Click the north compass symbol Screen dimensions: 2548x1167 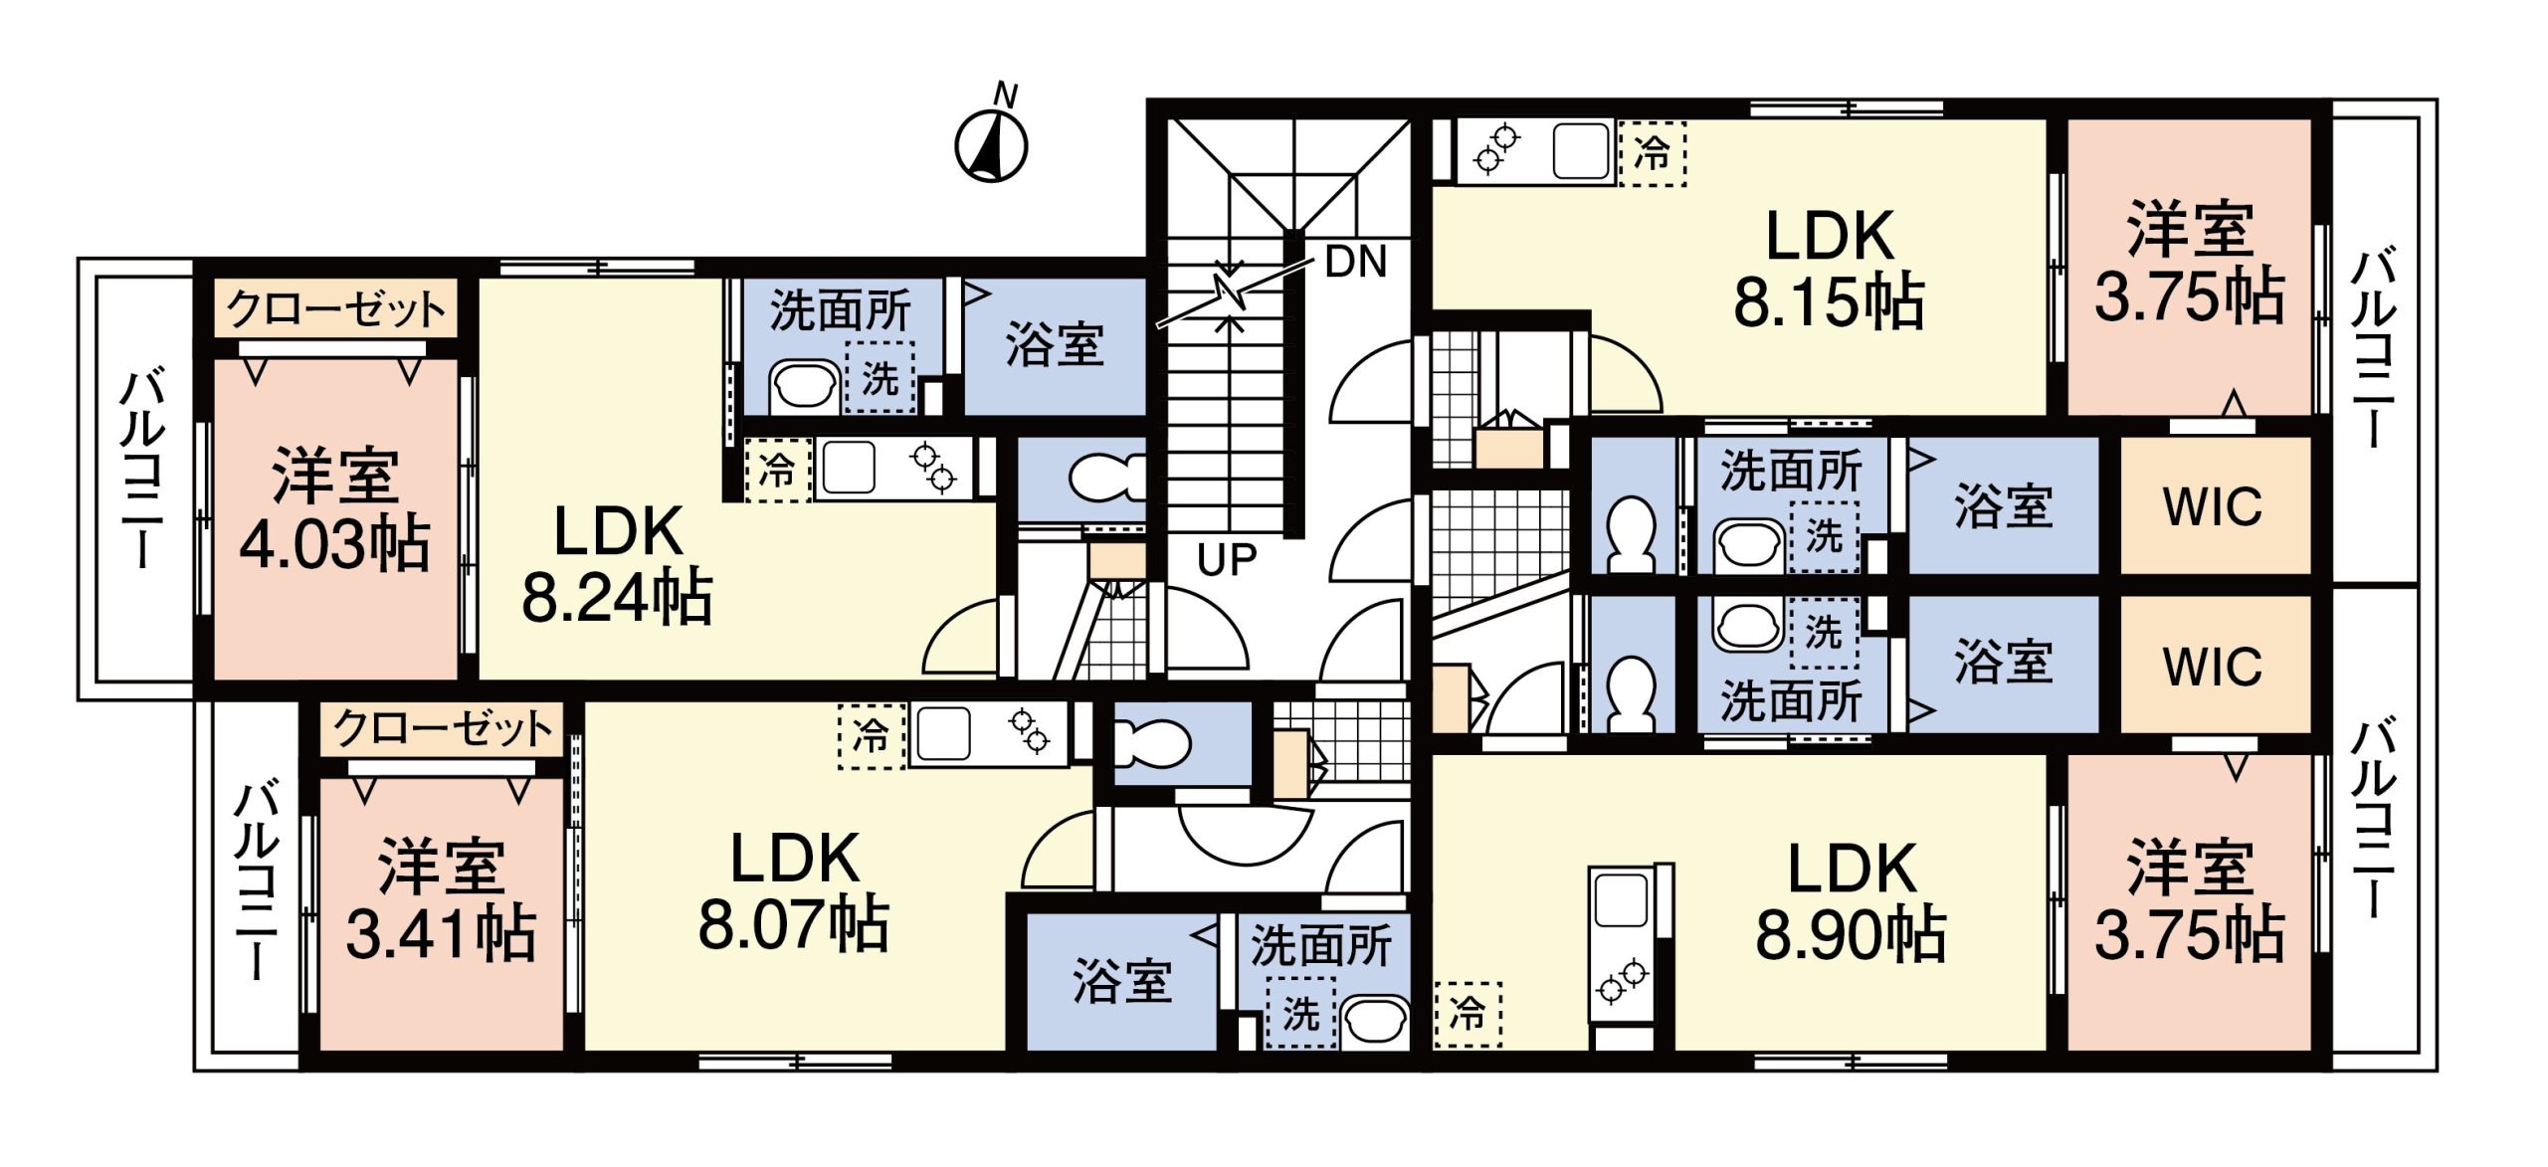tap(991, 144)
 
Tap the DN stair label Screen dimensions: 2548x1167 tap(1355, 262)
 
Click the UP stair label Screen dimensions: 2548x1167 tap(1227, 560)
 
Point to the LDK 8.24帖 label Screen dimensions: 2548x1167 tap(618, 564)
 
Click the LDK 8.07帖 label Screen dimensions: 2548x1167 tap(794, 891)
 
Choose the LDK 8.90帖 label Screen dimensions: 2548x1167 tap(1852, 901)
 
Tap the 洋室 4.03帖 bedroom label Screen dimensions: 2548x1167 tap(335, 509)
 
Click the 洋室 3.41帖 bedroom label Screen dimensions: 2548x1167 tap(441, 899)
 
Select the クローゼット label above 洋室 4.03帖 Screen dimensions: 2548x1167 tap(336, 309)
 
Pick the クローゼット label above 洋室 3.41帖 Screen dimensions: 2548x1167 tap(442, 729)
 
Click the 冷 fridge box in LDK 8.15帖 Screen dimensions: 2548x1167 tap(1653, 153)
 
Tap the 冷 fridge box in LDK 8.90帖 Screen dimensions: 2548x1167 tap(1468, 1014)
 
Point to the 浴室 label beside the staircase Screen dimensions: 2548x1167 tap(1055, 345)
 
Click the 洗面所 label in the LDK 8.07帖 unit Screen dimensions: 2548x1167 tap(1320, 946)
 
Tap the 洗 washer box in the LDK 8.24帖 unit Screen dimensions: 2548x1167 tap(880, 378)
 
